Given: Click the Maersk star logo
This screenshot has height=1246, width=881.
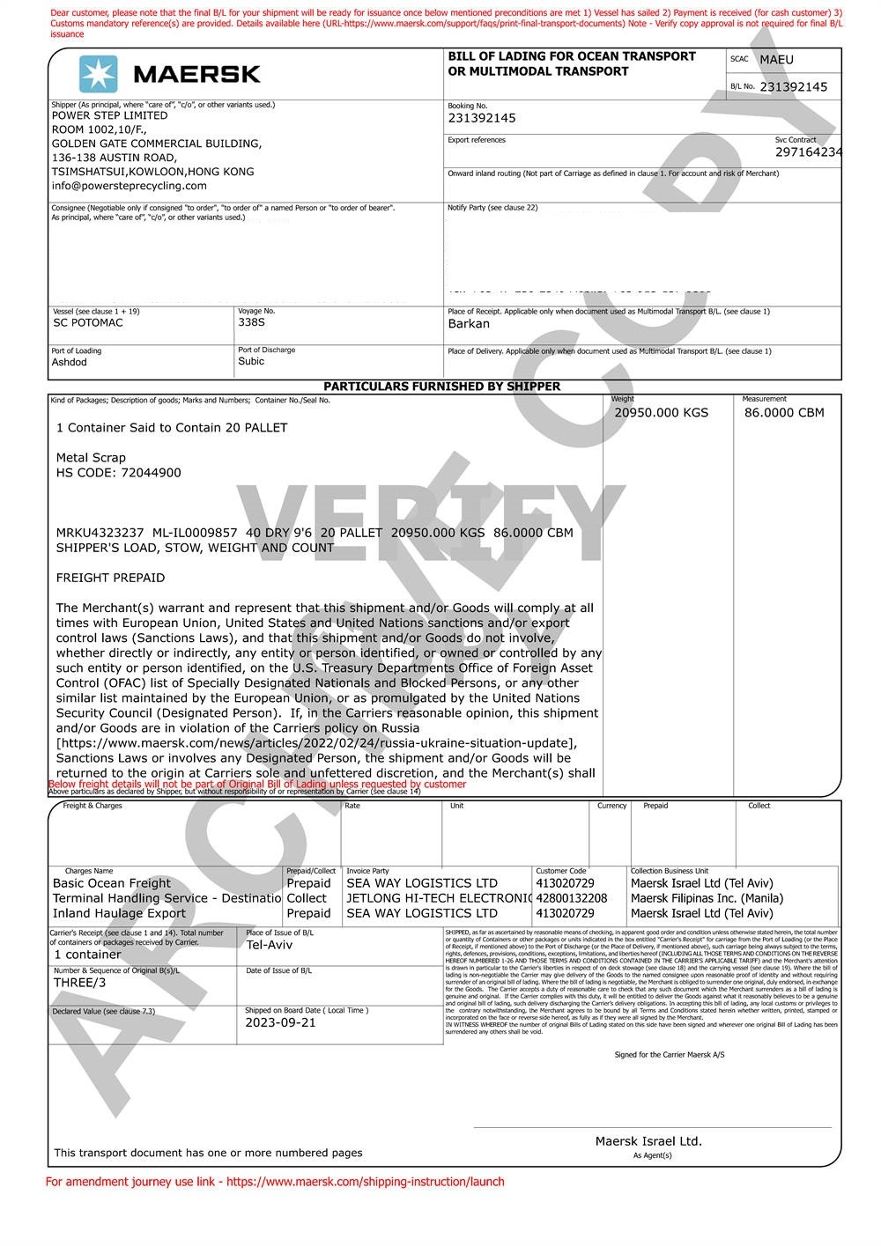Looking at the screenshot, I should (x=98, y=75).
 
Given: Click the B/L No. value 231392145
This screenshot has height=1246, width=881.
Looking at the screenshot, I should (x=793, y=87).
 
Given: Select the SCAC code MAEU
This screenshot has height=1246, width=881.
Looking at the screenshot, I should (x=776, y=60).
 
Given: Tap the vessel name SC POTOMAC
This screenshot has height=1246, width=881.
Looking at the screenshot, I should (x=88, y=323).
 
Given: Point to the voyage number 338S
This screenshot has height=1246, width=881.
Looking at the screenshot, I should (x=251, y=323).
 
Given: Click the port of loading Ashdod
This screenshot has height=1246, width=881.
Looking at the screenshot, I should (x=70, y=363).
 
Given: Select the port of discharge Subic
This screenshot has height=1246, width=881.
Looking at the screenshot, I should (x=251, y=362).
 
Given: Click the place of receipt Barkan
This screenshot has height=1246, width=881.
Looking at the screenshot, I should (x=469, y=324).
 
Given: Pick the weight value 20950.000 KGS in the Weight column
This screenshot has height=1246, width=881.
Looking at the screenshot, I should (x=661, y=413).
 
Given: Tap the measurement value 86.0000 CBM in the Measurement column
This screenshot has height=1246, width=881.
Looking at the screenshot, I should (x=784, y=413).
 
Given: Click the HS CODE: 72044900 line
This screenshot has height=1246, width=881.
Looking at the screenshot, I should (x=119, y=473).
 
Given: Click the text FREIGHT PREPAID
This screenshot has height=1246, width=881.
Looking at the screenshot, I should (x=110, y=579).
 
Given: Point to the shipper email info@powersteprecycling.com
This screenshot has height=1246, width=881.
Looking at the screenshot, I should (x=130, y=186).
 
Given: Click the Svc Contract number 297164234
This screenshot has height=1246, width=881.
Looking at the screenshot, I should (x=808, y=152).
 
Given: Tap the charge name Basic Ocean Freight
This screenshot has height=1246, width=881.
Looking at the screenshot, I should (x=112, y=883).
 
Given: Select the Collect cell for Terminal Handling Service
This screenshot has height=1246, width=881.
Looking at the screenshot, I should (x=307, y=898).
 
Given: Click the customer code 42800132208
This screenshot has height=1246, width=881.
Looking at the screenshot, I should (x=572, y=898).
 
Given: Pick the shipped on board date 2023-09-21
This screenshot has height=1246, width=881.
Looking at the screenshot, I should (x=280, y=1023).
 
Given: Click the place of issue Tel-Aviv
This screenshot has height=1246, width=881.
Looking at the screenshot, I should (x=270, y=946).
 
